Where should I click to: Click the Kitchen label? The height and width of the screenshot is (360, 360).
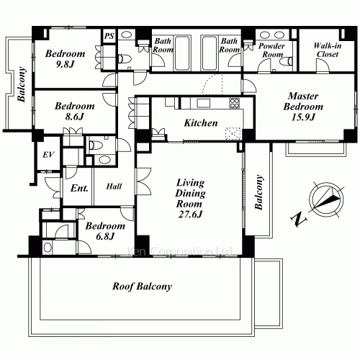tap(201, 123)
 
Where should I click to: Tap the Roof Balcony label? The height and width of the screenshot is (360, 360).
tap(143, 287)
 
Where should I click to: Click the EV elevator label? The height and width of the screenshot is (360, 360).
tap(49, 156)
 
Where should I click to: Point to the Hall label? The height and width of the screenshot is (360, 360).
tap(114, 186)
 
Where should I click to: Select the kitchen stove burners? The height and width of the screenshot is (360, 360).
tap(235, 106)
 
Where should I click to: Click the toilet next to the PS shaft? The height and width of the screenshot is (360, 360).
tap(123, 57)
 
